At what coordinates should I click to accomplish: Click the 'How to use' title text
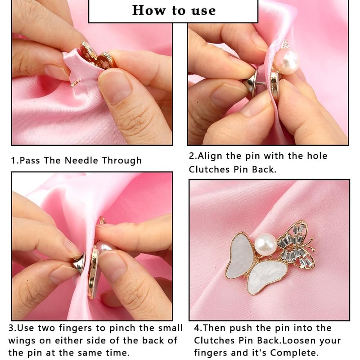(174, 10)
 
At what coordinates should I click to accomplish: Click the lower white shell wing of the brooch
(268, 277)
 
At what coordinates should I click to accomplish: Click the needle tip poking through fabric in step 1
(75, 83)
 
